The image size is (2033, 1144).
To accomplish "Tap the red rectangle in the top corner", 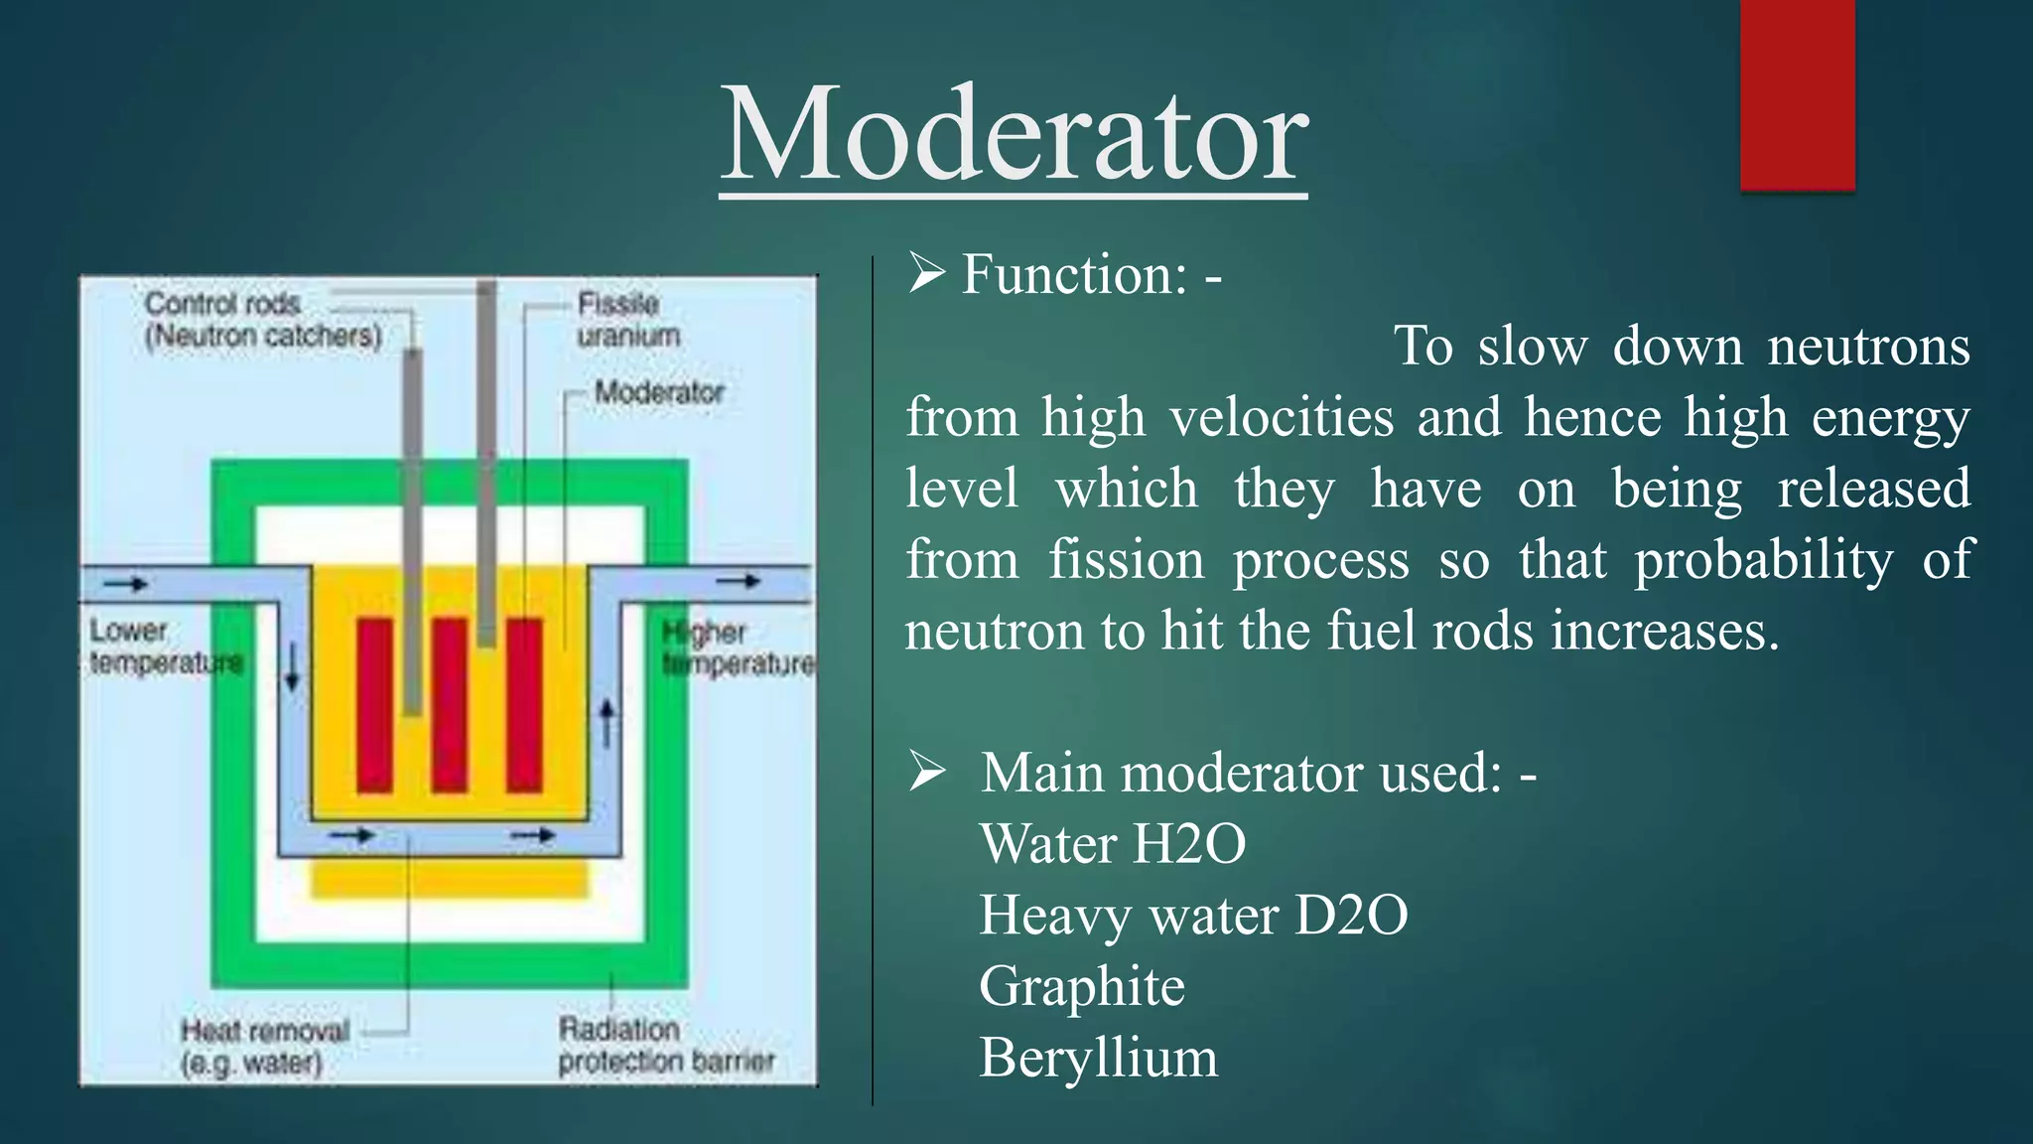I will click(1797, 94).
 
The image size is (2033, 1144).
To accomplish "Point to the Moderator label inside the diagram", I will click(659, 392).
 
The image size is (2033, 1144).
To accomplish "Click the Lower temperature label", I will click(164, 646).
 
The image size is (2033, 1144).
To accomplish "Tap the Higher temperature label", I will click(737, 647).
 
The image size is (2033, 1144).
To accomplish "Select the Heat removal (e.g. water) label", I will click(264, 1047).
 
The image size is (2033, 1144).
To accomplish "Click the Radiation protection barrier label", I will click(665, 1046).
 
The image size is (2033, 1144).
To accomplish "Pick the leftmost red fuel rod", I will click(374, 705).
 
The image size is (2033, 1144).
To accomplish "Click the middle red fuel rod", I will click(450, 705).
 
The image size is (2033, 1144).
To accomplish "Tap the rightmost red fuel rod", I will click(524, 705).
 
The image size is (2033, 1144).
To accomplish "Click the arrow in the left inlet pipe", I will click(127, 584).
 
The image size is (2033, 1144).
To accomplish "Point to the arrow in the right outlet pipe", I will click(740, 582).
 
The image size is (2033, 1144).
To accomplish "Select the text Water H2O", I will click(1112, 844).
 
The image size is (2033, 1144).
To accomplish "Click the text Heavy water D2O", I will click(1193, 915).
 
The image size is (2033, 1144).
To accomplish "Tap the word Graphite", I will click(1082, 986).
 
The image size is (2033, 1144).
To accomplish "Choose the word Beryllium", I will click(1098, 1058).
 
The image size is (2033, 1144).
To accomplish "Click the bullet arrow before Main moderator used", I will click(927, 772).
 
